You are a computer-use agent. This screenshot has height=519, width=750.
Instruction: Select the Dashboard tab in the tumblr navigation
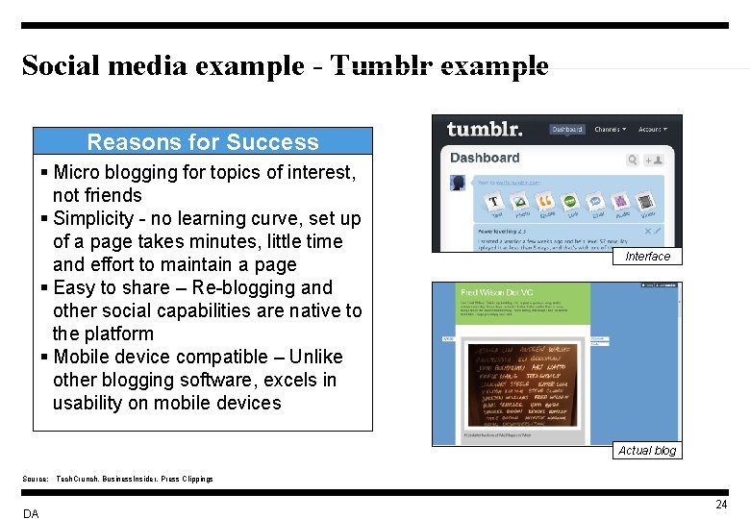(566, 129)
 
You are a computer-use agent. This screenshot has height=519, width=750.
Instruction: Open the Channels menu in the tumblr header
(610, 129)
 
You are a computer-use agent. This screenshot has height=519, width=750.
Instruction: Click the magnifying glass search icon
(633, 161)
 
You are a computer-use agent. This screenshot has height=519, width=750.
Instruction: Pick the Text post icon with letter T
(494, 202)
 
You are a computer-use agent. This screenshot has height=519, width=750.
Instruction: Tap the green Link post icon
(569, 202)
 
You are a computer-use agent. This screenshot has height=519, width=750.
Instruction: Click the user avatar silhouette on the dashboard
(459, 183)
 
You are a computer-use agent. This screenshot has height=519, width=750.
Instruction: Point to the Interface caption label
(647, 257)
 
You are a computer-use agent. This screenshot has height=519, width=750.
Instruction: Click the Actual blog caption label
(647, 450)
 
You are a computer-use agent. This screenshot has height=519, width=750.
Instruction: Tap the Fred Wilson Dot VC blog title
(496, 291)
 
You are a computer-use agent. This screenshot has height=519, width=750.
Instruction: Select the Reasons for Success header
(203, 142)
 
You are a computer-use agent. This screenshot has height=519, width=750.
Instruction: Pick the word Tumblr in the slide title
(379, 65)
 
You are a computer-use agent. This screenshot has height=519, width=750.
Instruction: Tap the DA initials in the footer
(31, 514)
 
